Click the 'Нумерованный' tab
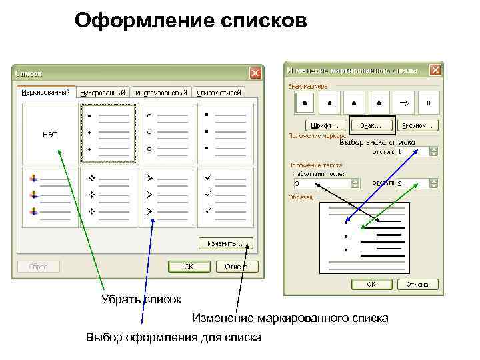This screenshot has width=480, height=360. [104, 93]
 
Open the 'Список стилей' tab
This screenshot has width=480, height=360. [220, 93]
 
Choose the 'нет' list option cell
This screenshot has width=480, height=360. [50, 133]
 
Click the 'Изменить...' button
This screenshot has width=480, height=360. [225, 243]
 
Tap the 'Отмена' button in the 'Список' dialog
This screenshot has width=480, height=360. [237, 267]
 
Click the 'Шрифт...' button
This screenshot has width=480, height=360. [325, 125]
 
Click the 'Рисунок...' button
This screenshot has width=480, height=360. [417, 125]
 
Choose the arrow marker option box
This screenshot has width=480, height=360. [404, 103]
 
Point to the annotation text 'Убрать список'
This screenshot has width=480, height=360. [141, 299]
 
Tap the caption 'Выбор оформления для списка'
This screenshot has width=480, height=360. [173, 338]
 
